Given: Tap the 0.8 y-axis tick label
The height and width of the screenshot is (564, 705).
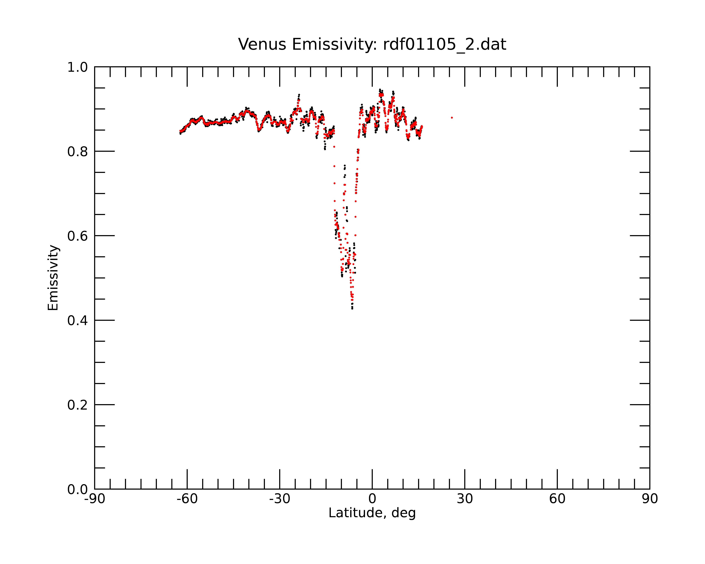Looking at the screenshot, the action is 78,152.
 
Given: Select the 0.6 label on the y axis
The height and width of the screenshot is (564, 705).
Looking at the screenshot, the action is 78,236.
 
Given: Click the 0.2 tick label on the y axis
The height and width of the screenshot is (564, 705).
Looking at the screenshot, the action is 78,405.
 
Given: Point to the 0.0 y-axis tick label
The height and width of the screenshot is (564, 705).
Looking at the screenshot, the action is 78,489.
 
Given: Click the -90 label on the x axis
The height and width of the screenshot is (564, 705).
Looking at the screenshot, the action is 94,499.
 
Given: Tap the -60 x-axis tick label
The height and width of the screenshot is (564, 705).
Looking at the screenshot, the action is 187,499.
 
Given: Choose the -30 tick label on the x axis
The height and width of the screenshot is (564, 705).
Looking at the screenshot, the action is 280,499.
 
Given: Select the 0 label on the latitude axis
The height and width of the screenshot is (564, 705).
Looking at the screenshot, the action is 372,499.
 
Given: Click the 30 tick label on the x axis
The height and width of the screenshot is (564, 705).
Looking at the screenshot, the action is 465,499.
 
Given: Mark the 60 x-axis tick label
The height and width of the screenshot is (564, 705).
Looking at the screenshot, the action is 557,499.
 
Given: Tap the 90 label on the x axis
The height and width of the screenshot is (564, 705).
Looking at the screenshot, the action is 650,499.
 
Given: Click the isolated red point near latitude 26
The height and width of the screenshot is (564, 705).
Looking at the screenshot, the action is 452,118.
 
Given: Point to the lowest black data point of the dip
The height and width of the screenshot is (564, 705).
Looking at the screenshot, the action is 352,308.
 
